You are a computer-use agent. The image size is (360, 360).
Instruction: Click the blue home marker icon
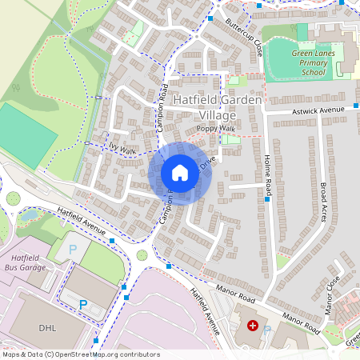[x=180, y=173]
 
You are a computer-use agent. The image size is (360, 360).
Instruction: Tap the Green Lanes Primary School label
[x=308, y=62]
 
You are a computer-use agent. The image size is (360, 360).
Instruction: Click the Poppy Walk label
[x=216, y=128]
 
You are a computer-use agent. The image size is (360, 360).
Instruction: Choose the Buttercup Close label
[x=244, y=34]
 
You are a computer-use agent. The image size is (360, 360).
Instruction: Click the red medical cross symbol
[x=253, y=326]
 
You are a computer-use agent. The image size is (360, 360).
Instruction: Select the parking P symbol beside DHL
[x=82, y=305]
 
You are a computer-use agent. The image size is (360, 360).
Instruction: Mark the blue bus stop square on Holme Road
[x=268, y=198]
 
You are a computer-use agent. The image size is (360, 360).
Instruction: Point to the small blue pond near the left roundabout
[x=30, y=214]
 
